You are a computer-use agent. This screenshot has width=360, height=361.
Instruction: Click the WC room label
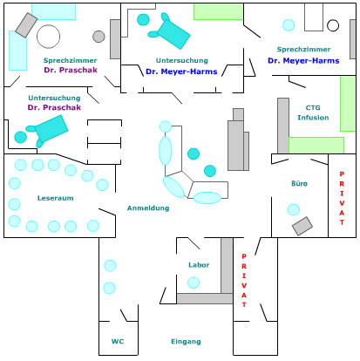118,341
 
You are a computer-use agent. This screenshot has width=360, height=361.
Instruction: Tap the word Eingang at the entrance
186,342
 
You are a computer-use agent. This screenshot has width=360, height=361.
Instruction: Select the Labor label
199,265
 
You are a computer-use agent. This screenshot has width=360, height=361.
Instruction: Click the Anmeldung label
148,208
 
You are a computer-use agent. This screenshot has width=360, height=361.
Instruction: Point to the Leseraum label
55,198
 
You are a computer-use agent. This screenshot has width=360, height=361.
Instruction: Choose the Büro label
299,183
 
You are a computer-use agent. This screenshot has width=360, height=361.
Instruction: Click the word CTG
313,107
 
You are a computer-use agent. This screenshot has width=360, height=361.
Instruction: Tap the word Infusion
313,118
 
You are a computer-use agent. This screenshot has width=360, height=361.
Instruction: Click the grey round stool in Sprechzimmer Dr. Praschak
98,37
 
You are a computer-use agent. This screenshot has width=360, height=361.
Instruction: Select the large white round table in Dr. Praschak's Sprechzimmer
49,37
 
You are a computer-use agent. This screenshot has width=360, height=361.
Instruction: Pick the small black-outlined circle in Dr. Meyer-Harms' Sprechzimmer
333,25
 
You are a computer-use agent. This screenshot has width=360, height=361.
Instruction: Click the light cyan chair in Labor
194,283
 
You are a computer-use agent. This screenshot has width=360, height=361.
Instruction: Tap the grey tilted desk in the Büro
302,226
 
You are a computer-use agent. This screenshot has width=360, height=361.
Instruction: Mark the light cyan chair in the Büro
294,209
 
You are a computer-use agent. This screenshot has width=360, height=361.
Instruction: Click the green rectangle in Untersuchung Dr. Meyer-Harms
219,11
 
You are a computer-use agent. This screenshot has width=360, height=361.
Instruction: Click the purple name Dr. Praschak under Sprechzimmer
71,70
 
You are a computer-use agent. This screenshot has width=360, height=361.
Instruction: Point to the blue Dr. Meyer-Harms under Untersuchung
181,72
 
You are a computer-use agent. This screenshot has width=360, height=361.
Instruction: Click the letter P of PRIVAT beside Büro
342,174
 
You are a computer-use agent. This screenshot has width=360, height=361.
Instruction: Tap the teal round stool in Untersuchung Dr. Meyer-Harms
143,20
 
